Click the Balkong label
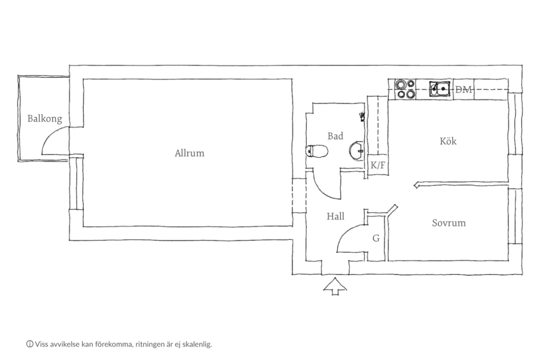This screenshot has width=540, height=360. coord(45,119)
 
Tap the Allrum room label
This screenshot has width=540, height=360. coord(189,153)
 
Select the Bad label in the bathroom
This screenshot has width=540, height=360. coord(335,136)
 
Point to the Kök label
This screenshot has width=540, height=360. coord(448,141)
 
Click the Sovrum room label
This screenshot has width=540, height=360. coord(449,223)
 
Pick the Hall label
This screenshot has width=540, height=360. coord(335,216)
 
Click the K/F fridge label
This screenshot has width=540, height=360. coord(378,166)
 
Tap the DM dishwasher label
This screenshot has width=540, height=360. coord(463,90)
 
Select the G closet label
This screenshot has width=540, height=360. coord(376,238)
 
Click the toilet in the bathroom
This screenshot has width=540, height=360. coord(316,151)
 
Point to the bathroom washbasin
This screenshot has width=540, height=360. coord(356,151)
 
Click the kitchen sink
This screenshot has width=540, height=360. coord(439,89)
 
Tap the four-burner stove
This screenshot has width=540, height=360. coord(406,89)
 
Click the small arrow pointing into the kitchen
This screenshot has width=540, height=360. coord(461,185)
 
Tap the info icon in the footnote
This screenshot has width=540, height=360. coord(30,344)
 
